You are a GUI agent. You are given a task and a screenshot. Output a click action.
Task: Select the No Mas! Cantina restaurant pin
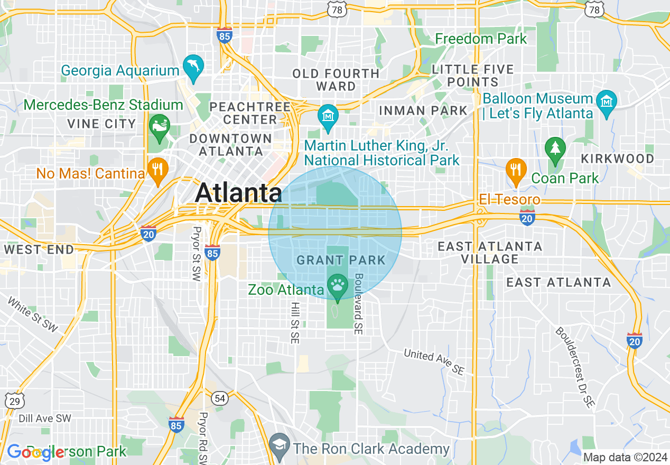pos(157,170)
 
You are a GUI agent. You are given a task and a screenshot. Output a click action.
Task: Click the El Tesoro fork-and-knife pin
pos(516,170)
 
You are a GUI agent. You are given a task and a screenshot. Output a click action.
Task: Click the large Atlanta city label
pos(238,193)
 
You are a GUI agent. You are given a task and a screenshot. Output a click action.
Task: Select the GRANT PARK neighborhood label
pos(341,260)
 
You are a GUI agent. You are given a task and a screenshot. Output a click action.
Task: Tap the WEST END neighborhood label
pos(39,249)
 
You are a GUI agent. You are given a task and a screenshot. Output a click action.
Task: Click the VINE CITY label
pos(101,124)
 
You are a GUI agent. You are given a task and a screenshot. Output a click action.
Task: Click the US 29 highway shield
pos(14,401)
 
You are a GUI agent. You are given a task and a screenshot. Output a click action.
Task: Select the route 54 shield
pos(220,397)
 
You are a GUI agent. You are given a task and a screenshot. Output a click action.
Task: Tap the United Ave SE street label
pos(434,362)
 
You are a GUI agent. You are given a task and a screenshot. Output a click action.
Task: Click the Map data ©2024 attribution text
pos(626,457)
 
